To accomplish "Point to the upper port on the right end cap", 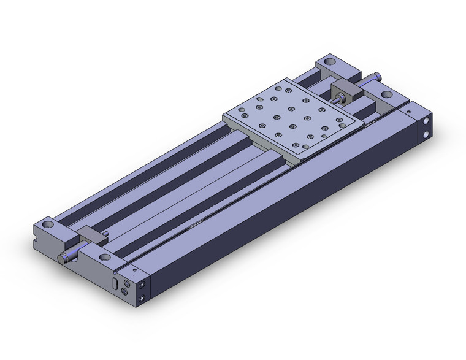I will click(x=426, y=122).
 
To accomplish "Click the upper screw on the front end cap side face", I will click(x=143, y=286).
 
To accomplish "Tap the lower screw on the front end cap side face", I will click(x=143, y=299).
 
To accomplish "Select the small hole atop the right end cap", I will click(x=408, y=112).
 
